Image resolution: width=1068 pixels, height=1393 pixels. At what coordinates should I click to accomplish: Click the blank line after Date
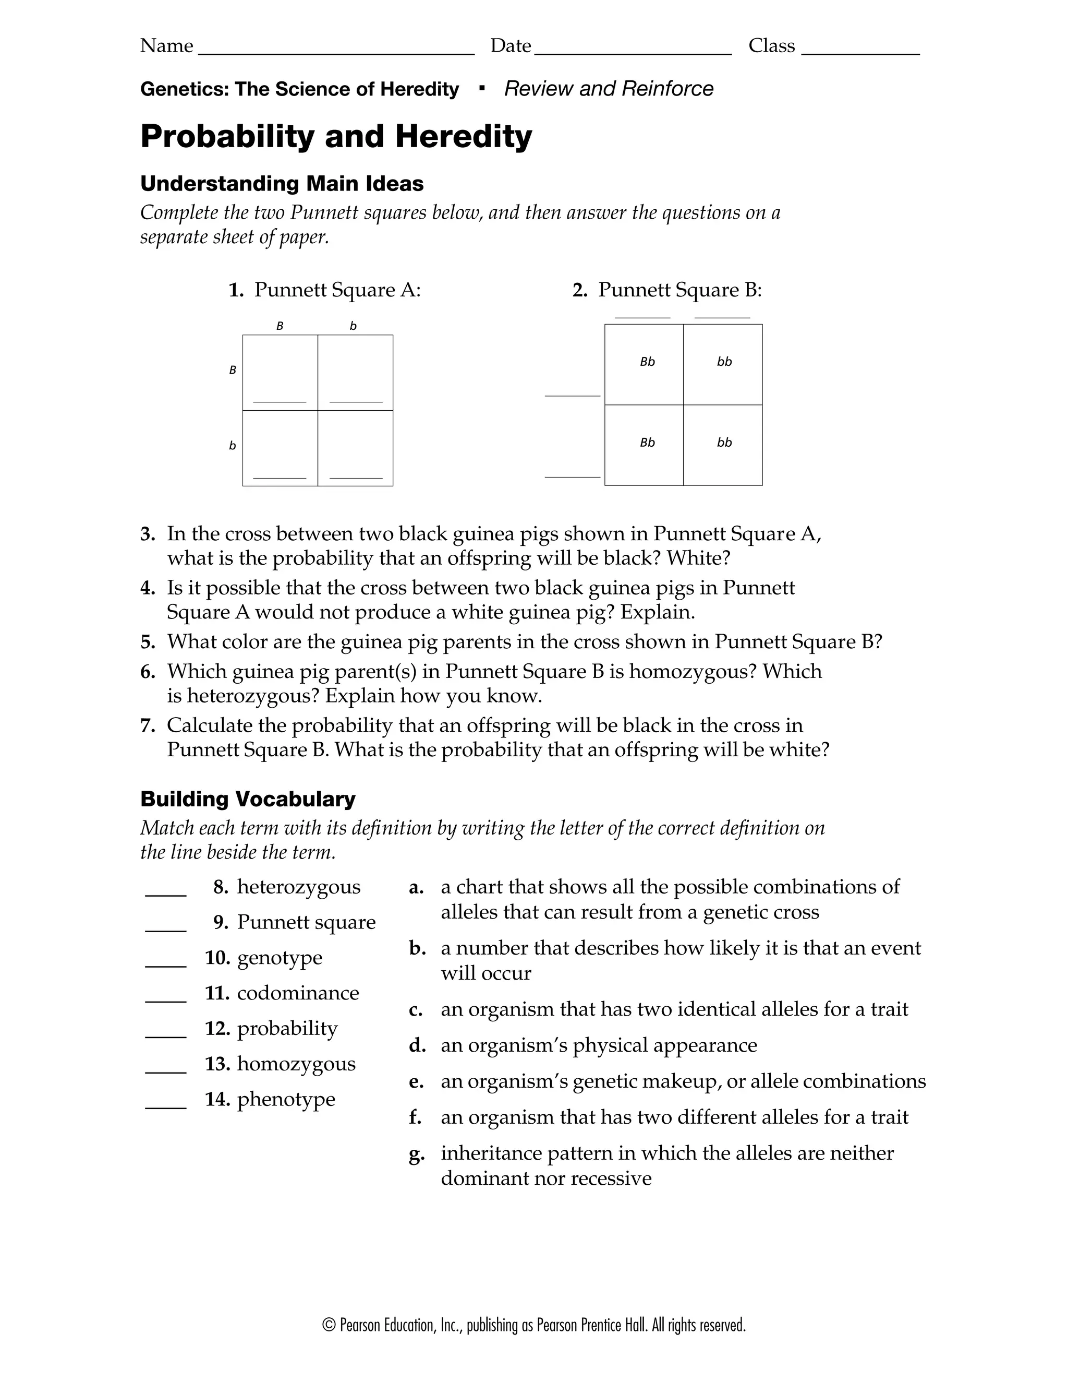coord(633,51)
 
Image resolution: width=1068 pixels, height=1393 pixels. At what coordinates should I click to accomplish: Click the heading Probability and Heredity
coord(336,136)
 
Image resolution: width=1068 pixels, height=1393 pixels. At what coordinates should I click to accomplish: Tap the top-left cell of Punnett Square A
coord(280,373)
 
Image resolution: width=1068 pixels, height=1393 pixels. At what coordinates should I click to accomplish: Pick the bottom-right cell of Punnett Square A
coord(355,448)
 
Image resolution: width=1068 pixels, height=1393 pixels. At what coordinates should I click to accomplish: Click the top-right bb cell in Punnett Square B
coord(723,364)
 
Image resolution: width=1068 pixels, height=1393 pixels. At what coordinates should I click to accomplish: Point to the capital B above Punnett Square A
coord(280,326)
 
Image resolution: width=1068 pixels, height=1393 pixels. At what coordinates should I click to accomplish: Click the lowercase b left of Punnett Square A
coord(232,446)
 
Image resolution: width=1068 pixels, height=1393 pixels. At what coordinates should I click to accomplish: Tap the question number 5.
coord(148,642)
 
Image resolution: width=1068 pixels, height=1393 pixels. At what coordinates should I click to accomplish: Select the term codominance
coord(298,993)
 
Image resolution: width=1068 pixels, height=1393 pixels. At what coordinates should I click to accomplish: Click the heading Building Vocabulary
coord(247,799)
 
